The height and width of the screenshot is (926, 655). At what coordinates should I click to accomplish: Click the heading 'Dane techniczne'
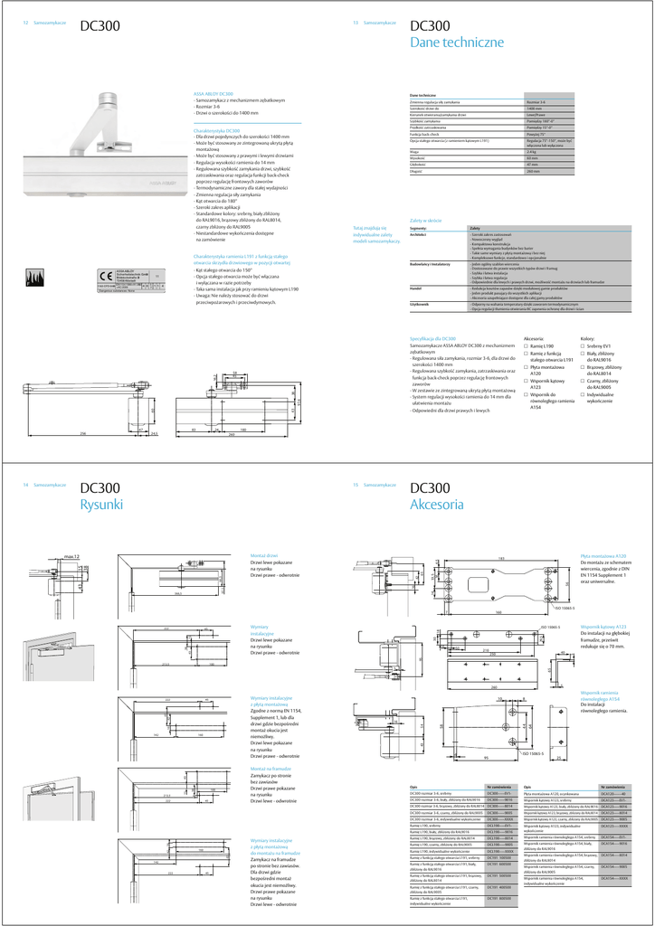coord(451,43)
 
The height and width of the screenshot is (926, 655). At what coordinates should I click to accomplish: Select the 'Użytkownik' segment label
coord(420,305)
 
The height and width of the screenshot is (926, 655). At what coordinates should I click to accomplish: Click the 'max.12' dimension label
coord(71,557)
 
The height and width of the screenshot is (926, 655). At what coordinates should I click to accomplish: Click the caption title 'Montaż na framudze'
coord(272,768)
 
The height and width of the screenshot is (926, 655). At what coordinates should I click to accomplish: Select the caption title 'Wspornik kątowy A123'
coord(603,626)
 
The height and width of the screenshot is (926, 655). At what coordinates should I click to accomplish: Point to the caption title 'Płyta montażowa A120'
coord(603,556)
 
